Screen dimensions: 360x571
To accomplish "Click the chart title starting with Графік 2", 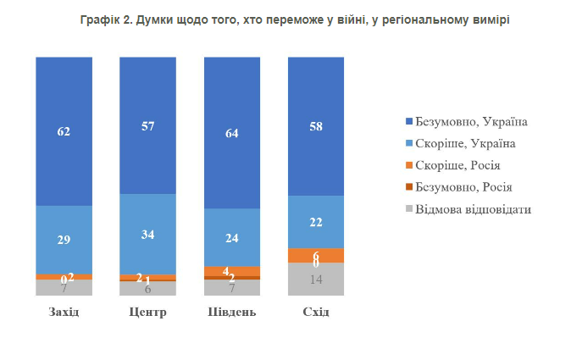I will coord(285,19).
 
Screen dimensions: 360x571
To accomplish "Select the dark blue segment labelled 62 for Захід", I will coord(64,131).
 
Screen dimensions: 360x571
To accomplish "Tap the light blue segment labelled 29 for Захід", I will coord(64,240).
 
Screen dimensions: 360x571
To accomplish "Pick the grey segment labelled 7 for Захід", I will coord(64,288).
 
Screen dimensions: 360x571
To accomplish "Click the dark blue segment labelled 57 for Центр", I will coord(147,125).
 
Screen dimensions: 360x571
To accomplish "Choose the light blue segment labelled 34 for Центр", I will coord(147,234).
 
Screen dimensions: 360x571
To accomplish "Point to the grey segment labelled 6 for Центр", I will coord(147,289).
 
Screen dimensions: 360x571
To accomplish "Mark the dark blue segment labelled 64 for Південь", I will coord(232,132).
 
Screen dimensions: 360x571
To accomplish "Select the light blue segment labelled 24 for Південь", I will coord(232,237).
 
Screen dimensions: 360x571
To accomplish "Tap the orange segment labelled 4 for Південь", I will coord(232,271).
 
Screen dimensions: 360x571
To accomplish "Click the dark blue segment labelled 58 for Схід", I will coord(316,126).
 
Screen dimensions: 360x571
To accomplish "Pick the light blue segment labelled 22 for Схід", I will coord(316,222).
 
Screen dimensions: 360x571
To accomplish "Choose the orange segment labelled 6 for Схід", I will coord(316,256).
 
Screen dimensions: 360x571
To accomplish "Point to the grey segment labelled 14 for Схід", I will coord(316,280).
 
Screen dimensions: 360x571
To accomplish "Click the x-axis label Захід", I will coord(64,313).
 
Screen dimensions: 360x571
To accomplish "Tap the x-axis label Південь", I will coord(232,313).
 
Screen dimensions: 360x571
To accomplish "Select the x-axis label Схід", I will coord(316,313).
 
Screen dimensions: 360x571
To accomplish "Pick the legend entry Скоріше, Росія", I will coord(463,165).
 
